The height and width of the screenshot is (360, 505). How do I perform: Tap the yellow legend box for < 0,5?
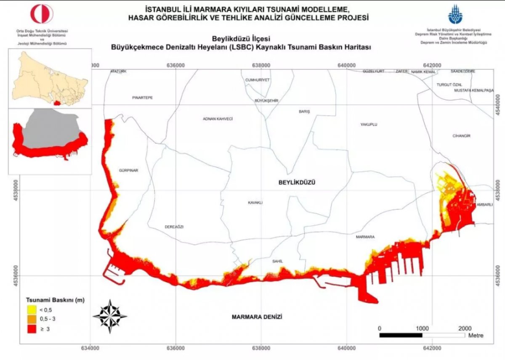pyautogui.click(x=31, y=310)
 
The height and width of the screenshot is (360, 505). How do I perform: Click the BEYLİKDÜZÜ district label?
pyautogui.click(x=297, y=182)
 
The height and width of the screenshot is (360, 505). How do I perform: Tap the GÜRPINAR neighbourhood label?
pyautogui.click(x=129, y=171)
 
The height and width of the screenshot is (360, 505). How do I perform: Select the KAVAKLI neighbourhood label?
pyautogui.click(x=255, y=203)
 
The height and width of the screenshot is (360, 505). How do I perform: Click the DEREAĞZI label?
pyautogui.click(x=174, y=227)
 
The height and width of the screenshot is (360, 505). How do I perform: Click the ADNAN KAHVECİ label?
pyautogui.click(x=218, y=119)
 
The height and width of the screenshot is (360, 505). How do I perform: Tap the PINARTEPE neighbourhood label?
pyautogui.click(x=143, y=98)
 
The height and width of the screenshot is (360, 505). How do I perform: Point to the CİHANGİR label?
pyautogui.click(x=461, y=136)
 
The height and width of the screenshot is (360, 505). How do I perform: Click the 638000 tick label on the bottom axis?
pyautogui.click(x=261, y=348)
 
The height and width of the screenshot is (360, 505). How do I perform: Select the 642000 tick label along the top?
pyautogui.click(x=432, y=65)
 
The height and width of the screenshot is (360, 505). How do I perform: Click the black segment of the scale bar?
pyautogui.click(x=401, y=335)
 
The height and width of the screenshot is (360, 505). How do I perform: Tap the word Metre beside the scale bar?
pyautogui.click(x=476, y=336)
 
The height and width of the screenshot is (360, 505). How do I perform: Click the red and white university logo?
pyautogui.click(x=42, y=14)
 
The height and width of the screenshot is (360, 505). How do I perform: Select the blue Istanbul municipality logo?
pyautogui.click(x=455, y=15)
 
